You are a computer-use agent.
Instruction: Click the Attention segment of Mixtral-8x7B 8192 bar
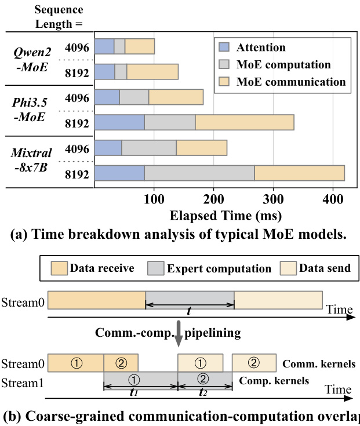(119, 173)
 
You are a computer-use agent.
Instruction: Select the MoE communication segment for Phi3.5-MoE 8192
(244, 123)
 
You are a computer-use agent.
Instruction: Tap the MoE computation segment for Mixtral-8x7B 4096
(149, 148)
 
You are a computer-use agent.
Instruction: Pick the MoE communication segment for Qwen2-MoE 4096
(140, 46)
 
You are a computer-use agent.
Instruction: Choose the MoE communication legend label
(290, 81)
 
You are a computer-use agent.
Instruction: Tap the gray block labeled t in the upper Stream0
(190, 299)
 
